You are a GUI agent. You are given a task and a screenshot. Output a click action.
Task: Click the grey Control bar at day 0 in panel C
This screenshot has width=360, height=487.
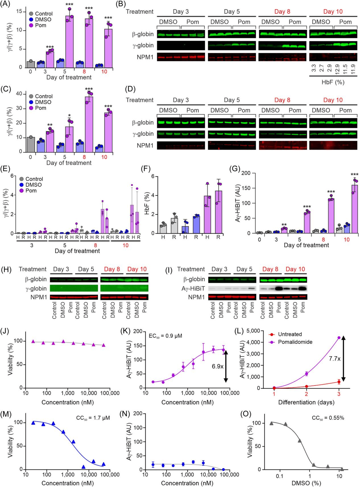30,144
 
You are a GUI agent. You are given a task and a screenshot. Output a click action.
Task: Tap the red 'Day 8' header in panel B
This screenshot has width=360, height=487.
282,12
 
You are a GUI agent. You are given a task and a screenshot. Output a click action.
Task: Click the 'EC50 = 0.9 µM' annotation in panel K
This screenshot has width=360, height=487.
165,336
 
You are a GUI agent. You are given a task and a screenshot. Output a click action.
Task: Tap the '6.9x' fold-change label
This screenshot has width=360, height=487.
218,366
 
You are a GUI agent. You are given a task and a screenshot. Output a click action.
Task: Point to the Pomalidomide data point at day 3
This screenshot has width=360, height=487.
339,338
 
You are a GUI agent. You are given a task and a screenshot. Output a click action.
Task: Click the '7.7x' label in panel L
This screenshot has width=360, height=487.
335,359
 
